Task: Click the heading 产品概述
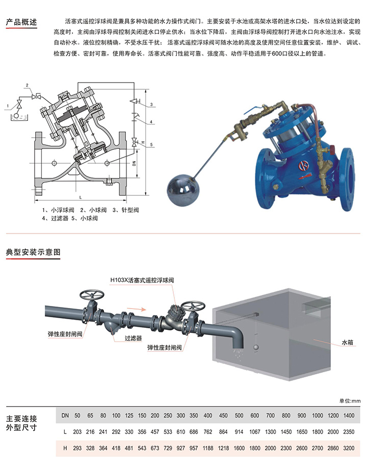[x=21, y=22]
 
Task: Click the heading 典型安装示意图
[x=33, y=252]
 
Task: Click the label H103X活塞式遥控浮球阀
[x=142, y=280]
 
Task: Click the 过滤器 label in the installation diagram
[x=133, y=338]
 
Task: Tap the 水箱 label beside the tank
[x=347, y=343]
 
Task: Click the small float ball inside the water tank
[x=256, y=348]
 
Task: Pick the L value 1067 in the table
[x=254, y=432]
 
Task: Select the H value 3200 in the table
[x=349, y=448]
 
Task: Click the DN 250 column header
[x=168, y=416]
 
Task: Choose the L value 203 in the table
[x=77, y=432]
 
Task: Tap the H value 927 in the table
[x=180, y=448]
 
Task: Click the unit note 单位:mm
[x=350, y=401]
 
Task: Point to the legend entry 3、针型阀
[x=125, y=210]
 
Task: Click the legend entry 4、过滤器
[x=55, y=218]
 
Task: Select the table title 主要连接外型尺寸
[x=21, y=423]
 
